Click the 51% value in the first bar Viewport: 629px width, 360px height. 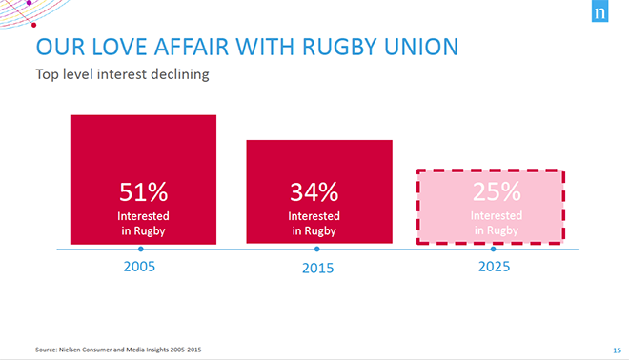pos(143,192)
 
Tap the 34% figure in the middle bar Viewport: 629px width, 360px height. pos(314,192)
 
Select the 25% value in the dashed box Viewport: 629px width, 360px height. pos(497,191)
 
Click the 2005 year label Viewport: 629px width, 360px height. pos(139,267)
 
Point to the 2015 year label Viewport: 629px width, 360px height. pos(317,268)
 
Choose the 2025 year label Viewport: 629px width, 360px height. pos(494,267)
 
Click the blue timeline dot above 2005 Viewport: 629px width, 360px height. pos(141,249)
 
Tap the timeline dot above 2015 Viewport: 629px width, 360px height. pos(317,249)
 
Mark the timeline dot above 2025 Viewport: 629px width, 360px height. pos(494,249)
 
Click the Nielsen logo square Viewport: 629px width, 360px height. pos(599,11)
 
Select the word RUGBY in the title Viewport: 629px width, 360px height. pos(340,47)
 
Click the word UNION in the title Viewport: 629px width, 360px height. pos(421,47)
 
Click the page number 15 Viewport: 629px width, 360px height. pos(617,350)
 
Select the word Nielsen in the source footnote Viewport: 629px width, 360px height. pos(70,350)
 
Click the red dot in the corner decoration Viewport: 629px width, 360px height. pos(34,26)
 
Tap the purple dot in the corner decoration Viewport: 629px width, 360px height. pos(29,3)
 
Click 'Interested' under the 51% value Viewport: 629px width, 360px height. pos(143,216)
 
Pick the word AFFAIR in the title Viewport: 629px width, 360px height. pos(192,47)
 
